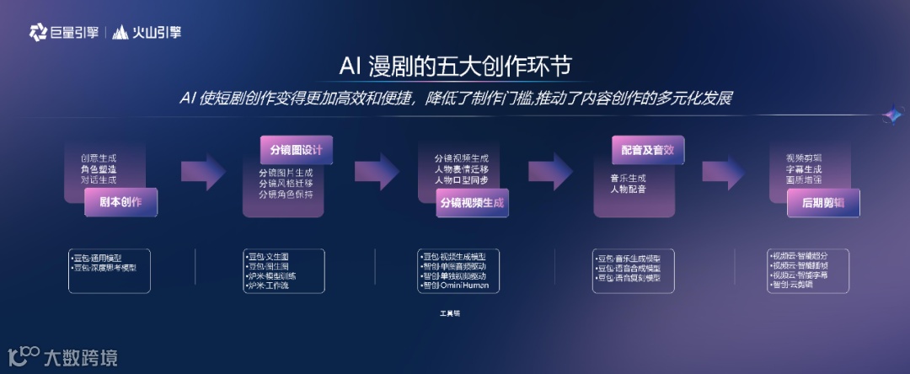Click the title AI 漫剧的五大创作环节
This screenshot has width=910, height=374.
click(x=454, y=66)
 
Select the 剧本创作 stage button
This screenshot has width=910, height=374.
click(x=120, y=202)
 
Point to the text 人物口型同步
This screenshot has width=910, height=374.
click(x=462, y=180)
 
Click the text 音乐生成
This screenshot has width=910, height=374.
click(x=628, y=178)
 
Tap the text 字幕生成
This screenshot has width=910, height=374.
click(x=803, y=168)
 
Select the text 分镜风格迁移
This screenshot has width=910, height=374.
click(x=286, y=184)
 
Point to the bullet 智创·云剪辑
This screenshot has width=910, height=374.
click(x=792, y=285)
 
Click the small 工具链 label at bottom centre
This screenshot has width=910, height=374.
click(x=450, y=313)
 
